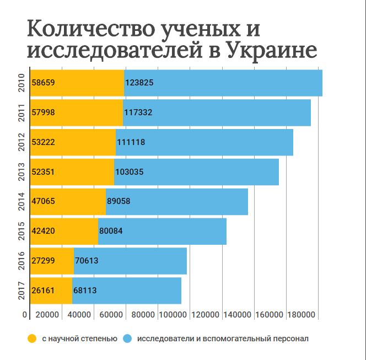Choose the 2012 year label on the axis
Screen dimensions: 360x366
[21, 142]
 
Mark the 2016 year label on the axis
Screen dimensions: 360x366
[21, 261]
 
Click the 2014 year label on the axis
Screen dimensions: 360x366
[21, 202]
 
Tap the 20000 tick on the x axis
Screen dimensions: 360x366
[47, 315]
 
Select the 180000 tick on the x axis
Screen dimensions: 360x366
[302, 315]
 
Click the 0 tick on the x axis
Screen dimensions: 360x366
[25, 315]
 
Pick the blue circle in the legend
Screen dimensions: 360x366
[127, 338]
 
